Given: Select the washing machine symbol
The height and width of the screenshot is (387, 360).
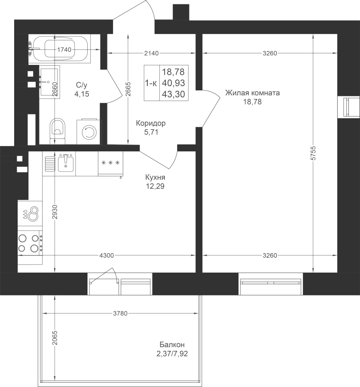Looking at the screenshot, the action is click(89, 132).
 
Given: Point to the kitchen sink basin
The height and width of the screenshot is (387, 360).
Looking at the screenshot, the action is click(66, 163).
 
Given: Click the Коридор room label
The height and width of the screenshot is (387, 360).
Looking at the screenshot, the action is click(151, 123).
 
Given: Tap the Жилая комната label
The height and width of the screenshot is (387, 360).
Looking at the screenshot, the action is click(253, 93).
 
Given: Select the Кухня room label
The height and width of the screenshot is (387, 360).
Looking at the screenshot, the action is click(155, 177).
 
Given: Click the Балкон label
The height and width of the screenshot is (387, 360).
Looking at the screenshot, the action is click(172, 344).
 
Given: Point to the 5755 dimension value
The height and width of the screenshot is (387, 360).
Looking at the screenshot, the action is click(313, 153).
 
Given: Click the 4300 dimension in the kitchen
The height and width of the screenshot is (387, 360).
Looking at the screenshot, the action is click(107, 255).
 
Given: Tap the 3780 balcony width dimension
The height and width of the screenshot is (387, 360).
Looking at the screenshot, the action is click(120, 313).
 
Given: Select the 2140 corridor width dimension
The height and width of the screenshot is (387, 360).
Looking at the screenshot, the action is click(151, 53).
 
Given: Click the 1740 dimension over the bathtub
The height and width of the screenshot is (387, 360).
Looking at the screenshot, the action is click(64, 49).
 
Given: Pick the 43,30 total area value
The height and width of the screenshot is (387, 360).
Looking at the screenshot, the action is click(174, 94).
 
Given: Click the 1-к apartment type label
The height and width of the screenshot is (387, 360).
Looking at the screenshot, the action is click(151, 83).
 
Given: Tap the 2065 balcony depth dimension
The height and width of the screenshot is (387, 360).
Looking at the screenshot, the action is click(55, 338).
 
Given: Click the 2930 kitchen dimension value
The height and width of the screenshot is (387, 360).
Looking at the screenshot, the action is click(55, 212).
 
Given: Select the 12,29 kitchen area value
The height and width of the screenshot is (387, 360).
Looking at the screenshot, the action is click(155, 186).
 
